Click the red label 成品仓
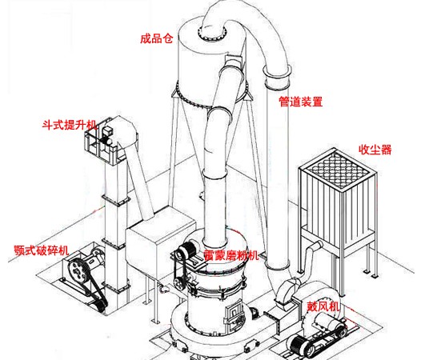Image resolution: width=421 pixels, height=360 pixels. click(156, 38)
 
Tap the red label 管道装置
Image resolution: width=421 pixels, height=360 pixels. click(301, 102)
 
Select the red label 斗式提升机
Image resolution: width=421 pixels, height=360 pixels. click(69, 126)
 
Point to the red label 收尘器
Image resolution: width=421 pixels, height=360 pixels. click(375, 150)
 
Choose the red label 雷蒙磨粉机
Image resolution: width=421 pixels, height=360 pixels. click(231, 256)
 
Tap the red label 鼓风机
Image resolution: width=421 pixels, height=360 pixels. click(323, 306)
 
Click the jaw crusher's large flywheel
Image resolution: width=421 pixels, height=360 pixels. click(78, 270)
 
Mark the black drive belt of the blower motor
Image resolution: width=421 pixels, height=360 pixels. click(304, 344)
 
